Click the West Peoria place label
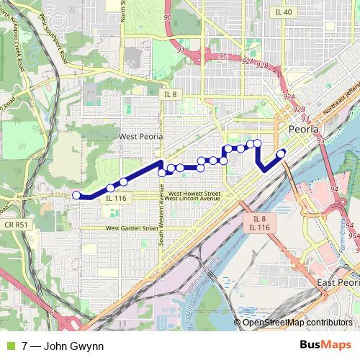(x=141, y=136)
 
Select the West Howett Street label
(x=194, y=193)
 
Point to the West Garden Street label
(x=132, y=228)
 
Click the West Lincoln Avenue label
(x=192, y=199)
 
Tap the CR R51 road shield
(x=20, y=225)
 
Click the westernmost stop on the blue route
(x=76, y=194)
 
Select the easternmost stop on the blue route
(x=281, y=152)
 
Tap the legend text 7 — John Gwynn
(x=63, y=346)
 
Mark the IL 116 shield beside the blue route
(x=115, y=198)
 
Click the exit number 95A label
(x=352, y=235)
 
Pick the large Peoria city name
(x=308, y=129)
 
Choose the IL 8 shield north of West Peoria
(x=171, y=95)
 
